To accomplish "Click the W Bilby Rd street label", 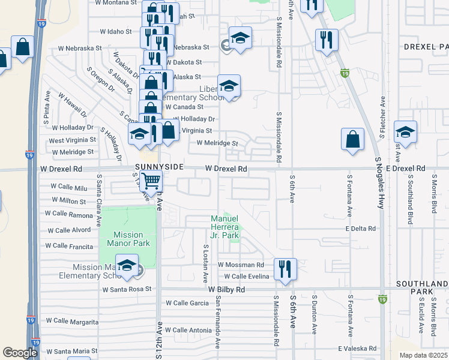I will pos(227,289).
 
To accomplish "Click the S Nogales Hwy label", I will pos(379,183).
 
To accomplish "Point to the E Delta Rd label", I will pos(360,229).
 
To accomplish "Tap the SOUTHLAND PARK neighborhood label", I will pos(422,287).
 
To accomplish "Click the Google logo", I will pos(20,353).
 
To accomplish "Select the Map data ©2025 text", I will pos(423,355).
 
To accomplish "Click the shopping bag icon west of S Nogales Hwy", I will pos(352,139).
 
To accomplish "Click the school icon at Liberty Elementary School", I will pos(229,86).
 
